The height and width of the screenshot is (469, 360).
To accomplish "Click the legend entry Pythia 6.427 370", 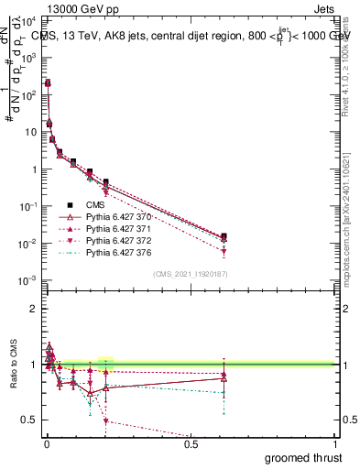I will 117,216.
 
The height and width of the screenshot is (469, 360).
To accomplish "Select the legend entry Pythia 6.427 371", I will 117,228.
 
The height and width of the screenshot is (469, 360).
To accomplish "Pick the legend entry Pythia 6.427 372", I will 117,240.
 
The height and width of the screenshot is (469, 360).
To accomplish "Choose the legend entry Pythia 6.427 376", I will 117,252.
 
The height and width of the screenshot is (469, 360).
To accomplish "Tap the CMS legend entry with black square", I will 95,204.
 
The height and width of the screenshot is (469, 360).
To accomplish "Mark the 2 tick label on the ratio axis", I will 33,309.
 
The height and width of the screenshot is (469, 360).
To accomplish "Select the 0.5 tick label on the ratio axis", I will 29,420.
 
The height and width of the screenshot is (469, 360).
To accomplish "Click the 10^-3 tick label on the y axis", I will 28,280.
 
